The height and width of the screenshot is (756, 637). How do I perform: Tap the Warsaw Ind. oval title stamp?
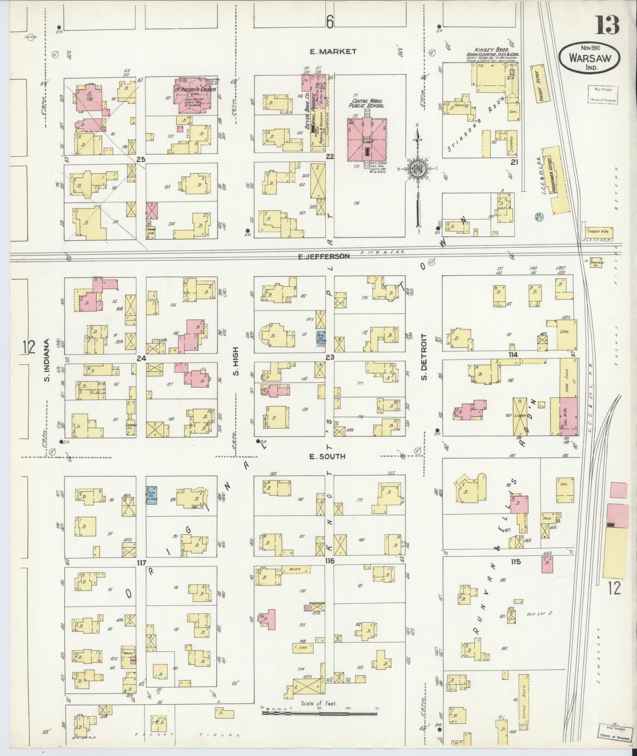(589, 58)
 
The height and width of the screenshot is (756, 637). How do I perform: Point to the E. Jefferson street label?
(324, 256)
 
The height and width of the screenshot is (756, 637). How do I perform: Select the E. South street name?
(327, 456)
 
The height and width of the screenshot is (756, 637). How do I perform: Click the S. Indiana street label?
(47, 360)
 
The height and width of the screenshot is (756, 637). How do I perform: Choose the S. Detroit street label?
(424, 357)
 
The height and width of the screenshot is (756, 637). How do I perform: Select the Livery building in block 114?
(519, 415)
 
